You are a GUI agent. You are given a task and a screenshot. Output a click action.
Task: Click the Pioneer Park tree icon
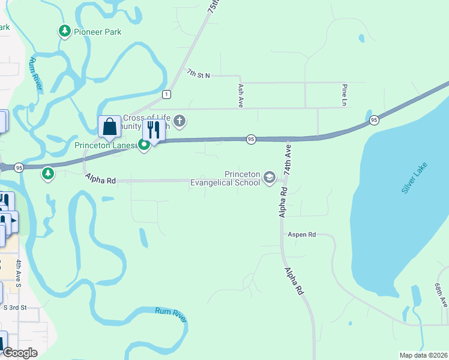point(64,31)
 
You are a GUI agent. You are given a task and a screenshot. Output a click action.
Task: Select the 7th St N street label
point(198,73)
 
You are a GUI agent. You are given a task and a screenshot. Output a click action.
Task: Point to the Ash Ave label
point(240,95)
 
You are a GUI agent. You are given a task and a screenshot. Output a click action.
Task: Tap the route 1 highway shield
point(166,94)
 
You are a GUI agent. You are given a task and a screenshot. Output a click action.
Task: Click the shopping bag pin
point(109,127)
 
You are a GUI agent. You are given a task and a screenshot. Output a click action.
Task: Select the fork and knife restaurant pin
point(154,130)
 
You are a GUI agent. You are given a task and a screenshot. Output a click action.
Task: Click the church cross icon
point(179,122)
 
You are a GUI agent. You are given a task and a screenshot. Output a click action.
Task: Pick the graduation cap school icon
point(270,178)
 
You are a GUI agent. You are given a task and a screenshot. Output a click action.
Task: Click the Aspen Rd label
point(302,235)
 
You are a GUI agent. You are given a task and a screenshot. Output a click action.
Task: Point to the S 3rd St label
point(16,307)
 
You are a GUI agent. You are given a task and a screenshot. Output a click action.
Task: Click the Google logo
point(20,353)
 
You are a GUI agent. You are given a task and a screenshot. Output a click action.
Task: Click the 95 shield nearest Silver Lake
point(374,120)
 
